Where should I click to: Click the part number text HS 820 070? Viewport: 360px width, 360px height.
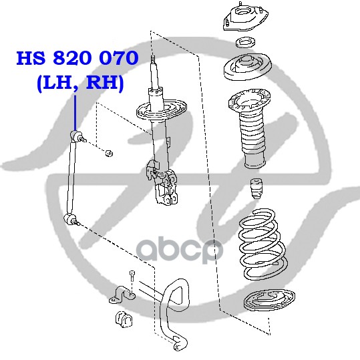pyautogui.click(x=77, y=58)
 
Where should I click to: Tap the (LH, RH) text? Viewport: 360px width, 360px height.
pyautogui.click(x=80, y=83)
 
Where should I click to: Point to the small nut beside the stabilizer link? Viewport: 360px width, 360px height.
pyautogui.click(x=110, y=153)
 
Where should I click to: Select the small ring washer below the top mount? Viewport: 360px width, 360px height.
pyautogui.click(x=246, y=42)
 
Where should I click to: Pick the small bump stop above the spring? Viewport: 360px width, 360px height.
pyautogui.click(x=256, y=189)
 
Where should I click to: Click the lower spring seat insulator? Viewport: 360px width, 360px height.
pyautogui.click(x=269, y=301)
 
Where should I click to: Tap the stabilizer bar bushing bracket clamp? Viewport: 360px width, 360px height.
pyautogui.click(x=122, y=295)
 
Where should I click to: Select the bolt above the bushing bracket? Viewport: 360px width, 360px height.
pyautogui.click(x=132, y=276)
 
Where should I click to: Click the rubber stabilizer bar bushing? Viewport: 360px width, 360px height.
pyautogui.click(x=124, y=319)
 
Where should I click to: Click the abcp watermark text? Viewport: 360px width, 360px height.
pyautogui.click(x=180, y=249)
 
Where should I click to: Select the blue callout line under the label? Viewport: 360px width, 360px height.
pyautogui.click(x=75, y=113)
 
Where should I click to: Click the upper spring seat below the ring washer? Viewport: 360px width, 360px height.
pyautogui.click(x=248, y=67)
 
